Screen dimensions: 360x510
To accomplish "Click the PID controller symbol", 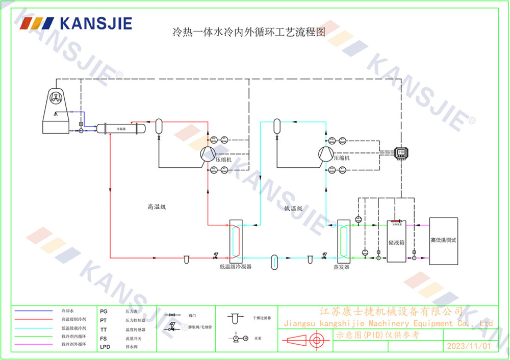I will pos(401,152).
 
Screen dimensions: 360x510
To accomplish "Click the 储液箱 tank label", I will pos(396,243).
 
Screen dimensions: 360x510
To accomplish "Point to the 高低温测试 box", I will pos(443,241).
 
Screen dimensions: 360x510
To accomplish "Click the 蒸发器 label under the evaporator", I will pos(341,267).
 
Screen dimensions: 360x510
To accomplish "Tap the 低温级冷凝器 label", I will pos(236,266).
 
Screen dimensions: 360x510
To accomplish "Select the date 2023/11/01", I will pos(468,346).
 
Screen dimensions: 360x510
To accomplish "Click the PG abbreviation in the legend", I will pos(104,310).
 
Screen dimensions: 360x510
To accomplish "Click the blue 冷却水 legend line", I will pos(34,310).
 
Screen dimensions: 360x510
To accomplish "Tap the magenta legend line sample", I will pos(34,345).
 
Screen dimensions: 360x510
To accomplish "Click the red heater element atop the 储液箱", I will pos(396,221).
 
